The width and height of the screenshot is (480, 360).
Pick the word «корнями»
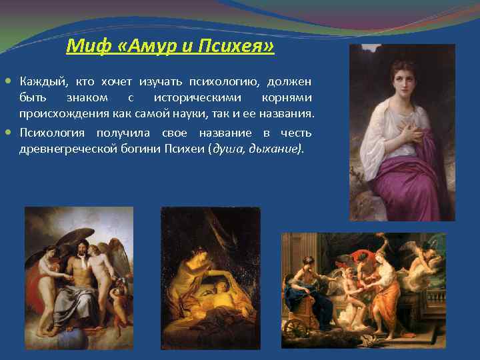[x=287, y=98]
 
